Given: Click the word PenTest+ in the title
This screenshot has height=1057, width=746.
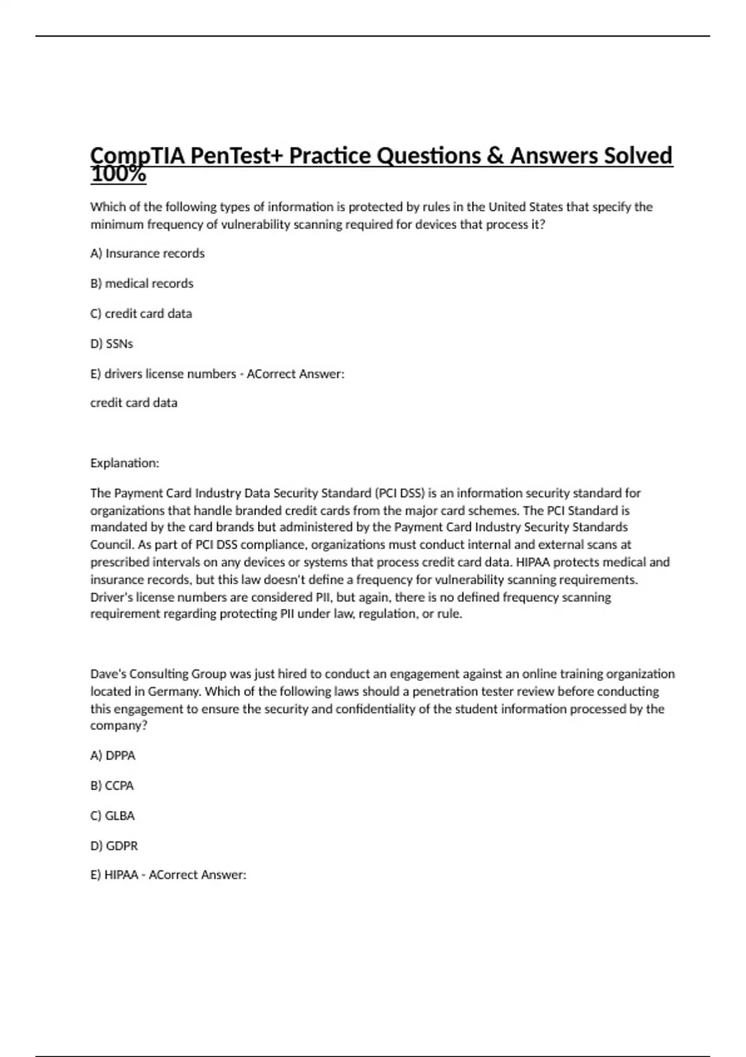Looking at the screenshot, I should click(236, 155).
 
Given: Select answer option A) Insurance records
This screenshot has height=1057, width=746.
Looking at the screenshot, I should click(147, 253).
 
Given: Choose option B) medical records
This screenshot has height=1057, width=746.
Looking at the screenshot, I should click(142, 284).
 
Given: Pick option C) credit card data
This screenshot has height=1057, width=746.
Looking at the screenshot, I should click(141, 313).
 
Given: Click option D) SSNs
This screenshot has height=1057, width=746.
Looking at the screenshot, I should click(112, 344).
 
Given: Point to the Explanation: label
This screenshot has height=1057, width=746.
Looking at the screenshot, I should click(124, 463).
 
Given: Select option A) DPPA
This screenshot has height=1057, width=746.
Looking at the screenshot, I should click(113, 755).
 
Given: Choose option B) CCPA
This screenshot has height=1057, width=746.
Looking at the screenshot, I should click(112, 786).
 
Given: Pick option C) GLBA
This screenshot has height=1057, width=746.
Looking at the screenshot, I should click(113, 816).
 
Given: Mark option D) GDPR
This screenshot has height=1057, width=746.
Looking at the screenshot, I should click(114, 846).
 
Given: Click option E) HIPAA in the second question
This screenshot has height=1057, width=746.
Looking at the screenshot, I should click(114, 875).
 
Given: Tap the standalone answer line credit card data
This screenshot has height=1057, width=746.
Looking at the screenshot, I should click(134, 403).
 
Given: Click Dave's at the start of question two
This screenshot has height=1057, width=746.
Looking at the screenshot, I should click(108, 674).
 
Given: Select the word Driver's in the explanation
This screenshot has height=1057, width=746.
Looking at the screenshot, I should click(112, 598).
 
